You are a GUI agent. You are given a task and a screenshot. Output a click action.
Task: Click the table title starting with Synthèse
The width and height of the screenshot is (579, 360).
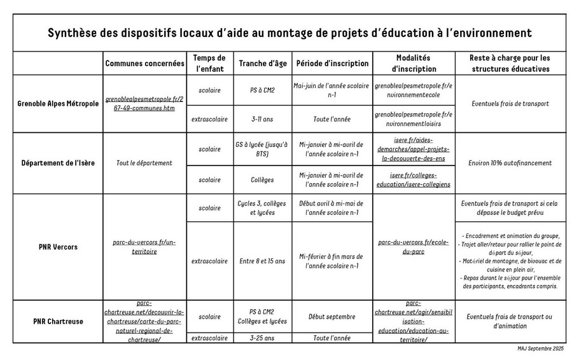click(x=289, y=32)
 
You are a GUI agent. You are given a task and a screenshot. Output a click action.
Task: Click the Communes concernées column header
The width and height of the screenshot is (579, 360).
click(x=144, y=64)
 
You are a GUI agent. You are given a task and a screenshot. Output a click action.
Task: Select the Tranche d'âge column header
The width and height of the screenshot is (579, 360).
click(x=263, y=64)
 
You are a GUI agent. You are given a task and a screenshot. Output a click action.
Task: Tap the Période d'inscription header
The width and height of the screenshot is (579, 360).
click(x=332, y=64)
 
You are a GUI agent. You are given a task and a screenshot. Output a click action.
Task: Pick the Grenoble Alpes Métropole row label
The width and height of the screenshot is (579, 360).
click(x=58, y=103)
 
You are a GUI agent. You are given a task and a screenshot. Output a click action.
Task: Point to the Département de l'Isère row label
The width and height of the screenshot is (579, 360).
click(x=58, y=163)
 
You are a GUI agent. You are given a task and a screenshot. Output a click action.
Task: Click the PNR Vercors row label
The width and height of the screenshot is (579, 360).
click(x=58, y=246)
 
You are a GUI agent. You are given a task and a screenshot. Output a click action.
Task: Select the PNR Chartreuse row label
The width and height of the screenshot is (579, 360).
click(x=58, y=321)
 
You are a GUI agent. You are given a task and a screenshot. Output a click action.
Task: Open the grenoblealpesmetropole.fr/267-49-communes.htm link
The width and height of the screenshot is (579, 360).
click(x=144, y=104)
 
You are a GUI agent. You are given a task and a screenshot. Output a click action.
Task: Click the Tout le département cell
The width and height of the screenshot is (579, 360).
click(x=144, y=163)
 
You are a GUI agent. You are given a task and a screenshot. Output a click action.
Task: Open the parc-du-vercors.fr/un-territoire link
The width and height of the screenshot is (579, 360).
click(x=144, y=246)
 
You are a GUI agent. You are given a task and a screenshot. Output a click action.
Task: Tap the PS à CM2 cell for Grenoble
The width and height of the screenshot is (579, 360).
click(x=263, y=90)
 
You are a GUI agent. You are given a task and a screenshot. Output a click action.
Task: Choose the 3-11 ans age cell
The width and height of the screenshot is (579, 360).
click(x=263, y=118)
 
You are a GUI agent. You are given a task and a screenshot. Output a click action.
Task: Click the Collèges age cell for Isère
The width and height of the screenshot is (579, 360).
click(x=263, y=180)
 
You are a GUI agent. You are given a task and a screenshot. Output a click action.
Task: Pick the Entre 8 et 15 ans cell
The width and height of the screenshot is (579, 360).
click(x=263, y=261)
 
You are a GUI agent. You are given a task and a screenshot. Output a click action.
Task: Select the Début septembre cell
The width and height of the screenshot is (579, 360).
click(x=332, y=316)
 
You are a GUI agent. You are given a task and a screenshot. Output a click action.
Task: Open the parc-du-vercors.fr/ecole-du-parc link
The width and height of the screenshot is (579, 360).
click(x=413, y=246)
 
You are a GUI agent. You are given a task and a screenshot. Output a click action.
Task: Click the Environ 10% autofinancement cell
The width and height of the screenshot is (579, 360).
click(x=510, y=163)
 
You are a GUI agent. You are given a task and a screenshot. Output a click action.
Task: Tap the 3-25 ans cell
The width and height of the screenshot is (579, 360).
click(x=263, y=338)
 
